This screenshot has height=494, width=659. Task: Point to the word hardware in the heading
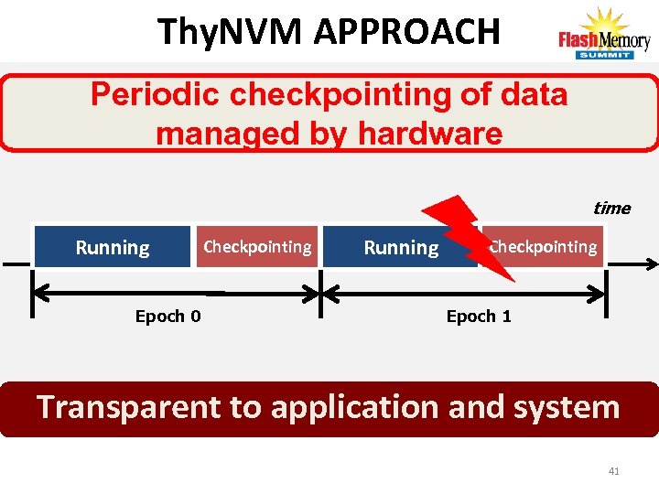click(x=429, y=134)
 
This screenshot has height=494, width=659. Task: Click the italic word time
click(x=611, y=208)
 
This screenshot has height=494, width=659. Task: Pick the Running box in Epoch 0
click(x=113, y=247)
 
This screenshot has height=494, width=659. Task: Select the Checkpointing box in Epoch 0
click(x=257, y=247)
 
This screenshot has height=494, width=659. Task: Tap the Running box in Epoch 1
click(x=401, y=247)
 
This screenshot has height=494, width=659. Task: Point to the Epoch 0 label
click(x=168, y=317)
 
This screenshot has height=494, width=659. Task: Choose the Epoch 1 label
click(x=479, y=317)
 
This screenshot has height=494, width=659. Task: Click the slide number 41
click(x=613, y=471)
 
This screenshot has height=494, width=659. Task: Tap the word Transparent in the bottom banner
click(x=129, y=406)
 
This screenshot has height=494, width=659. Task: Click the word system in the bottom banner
click(x=567, y=406)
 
